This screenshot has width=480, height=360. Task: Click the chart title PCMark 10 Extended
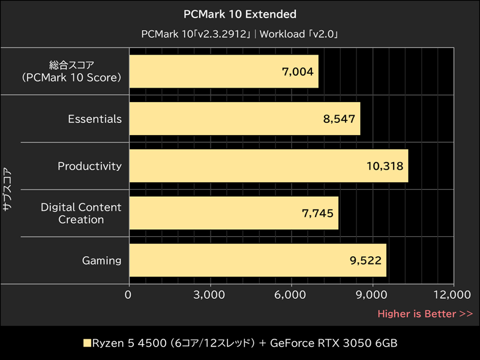coord(240,13)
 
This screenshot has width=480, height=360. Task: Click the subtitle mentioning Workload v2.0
coord(240,34)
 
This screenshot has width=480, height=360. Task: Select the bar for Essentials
coord(244,119)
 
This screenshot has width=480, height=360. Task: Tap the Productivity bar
coord(268,166)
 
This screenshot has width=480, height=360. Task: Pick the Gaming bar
coord(257,260)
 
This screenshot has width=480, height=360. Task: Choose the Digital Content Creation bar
coord(233,213)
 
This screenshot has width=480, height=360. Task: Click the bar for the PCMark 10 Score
coord(223,71)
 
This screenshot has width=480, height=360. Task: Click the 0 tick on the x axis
coord(128,295)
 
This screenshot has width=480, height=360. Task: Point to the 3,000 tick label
coord(210,295)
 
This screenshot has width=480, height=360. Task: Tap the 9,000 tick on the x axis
coord(373,295)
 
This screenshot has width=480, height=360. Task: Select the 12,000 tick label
coord(453,295)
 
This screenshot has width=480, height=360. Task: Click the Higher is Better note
coord(425,314)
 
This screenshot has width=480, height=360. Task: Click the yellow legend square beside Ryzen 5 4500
coord(86,344)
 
